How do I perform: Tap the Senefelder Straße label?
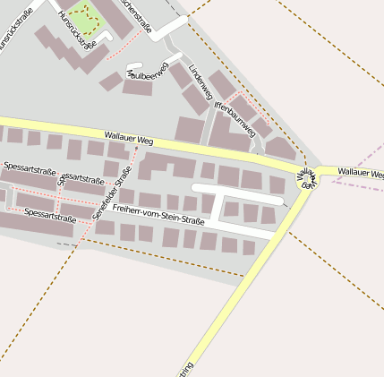coord(112,193)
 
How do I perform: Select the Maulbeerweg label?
coord(148,73)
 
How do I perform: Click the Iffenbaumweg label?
coord(235,118)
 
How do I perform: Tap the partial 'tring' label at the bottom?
coord(184,369)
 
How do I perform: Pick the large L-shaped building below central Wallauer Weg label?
coord(166,165)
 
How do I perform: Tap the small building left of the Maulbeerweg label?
coord(111,82)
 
